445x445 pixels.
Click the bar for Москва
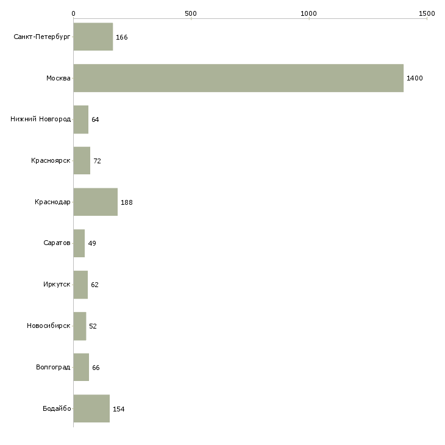coord(238,78)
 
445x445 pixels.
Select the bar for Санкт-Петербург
coord(93,37)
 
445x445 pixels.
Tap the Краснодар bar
coord(95,202)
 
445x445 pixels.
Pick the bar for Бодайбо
coord(91,408)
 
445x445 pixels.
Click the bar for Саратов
coord(79,243)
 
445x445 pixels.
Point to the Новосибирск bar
coord(80,326)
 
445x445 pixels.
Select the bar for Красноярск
coord(82,161)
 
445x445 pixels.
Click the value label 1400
coord(415,78)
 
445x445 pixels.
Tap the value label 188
coord(127,202)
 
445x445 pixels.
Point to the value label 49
coord(92,243)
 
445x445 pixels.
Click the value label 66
coord(96,368)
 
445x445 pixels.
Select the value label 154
coord(119,409)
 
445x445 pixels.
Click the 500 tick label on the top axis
coord(191,13)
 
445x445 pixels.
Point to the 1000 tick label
coord(308,13)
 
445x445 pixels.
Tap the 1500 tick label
coord(427,13)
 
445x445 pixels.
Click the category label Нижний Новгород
coord(41,119)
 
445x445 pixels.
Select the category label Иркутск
coord(57,284)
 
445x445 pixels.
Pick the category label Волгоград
coord(53,367)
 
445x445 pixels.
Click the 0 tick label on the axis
coord(74,13)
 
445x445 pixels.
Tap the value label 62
coord(94,285)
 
